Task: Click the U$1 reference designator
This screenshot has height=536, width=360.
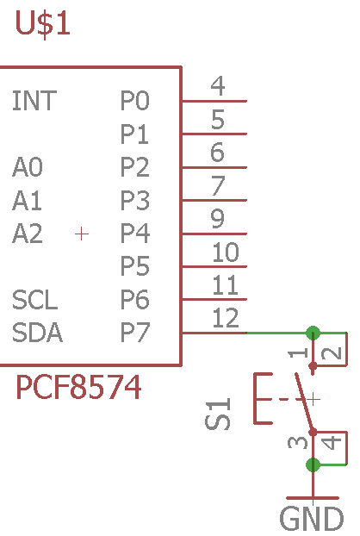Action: (x=43, y=23)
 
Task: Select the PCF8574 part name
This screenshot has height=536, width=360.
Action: (x=78, y=387)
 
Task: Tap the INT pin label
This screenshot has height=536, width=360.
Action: (x=34, y=101)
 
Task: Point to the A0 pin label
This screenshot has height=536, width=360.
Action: (x=28, y=167)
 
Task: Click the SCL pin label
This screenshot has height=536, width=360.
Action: (x=34, y=299)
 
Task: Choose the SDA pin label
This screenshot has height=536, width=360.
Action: (x=37, y=333)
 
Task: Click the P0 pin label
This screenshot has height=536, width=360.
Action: (x=135, y=101)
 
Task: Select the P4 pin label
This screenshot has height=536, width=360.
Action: (x=135, y=234)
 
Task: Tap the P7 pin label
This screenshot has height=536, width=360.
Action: (x=135, y=333)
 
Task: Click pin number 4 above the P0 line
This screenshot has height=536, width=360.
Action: (x=218, y=85)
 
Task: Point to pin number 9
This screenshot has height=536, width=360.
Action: (x=218, y=218)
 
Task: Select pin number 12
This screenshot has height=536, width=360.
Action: (x=225, y=318)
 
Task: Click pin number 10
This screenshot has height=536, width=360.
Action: (x=225, y=252)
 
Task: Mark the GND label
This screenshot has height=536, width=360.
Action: (x=312, y=519)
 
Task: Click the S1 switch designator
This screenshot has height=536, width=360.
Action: (x=218, y=414)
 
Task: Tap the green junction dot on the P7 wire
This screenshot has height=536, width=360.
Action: (x=313, y=333)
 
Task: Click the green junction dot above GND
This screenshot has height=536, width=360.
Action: (x=313, y=464)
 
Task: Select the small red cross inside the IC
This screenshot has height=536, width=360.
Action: (x=82, y=234)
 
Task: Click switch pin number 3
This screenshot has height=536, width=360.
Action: (x=298, y=442)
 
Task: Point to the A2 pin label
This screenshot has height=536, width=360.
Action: (x=28, y=234)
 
